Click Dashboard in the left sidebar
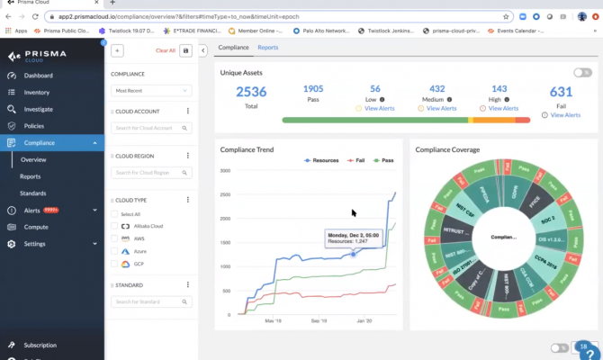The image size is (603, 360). [38, 76]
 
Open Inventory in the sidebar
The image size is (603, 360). [37, 92]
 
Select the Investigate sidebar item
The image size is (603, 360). [39, 109]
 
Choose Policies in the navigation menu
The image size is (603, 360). [34, 126]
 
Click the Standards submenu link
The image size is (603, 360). [33, 193]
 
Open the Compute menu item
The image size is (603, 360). [36, 227]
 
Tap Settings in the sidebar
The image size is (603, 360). [35, 244]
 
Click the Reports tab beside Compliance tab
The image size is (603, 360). [268, 47]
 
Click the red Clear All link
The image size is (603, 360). [166, 51]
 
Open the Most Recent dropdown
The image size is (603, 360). [151, 91]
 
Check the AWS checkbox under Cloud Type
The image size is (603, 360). [114, 238]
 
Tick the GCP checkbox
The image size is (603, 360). [114, 264]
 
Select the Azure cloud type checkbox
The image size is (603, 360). [114, 251]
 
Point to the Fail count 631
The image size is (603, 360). [561, 92]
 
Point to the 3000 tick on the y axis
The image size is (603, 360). [226, 170]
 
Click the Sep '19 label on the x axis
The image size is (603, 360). [319, 319]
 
